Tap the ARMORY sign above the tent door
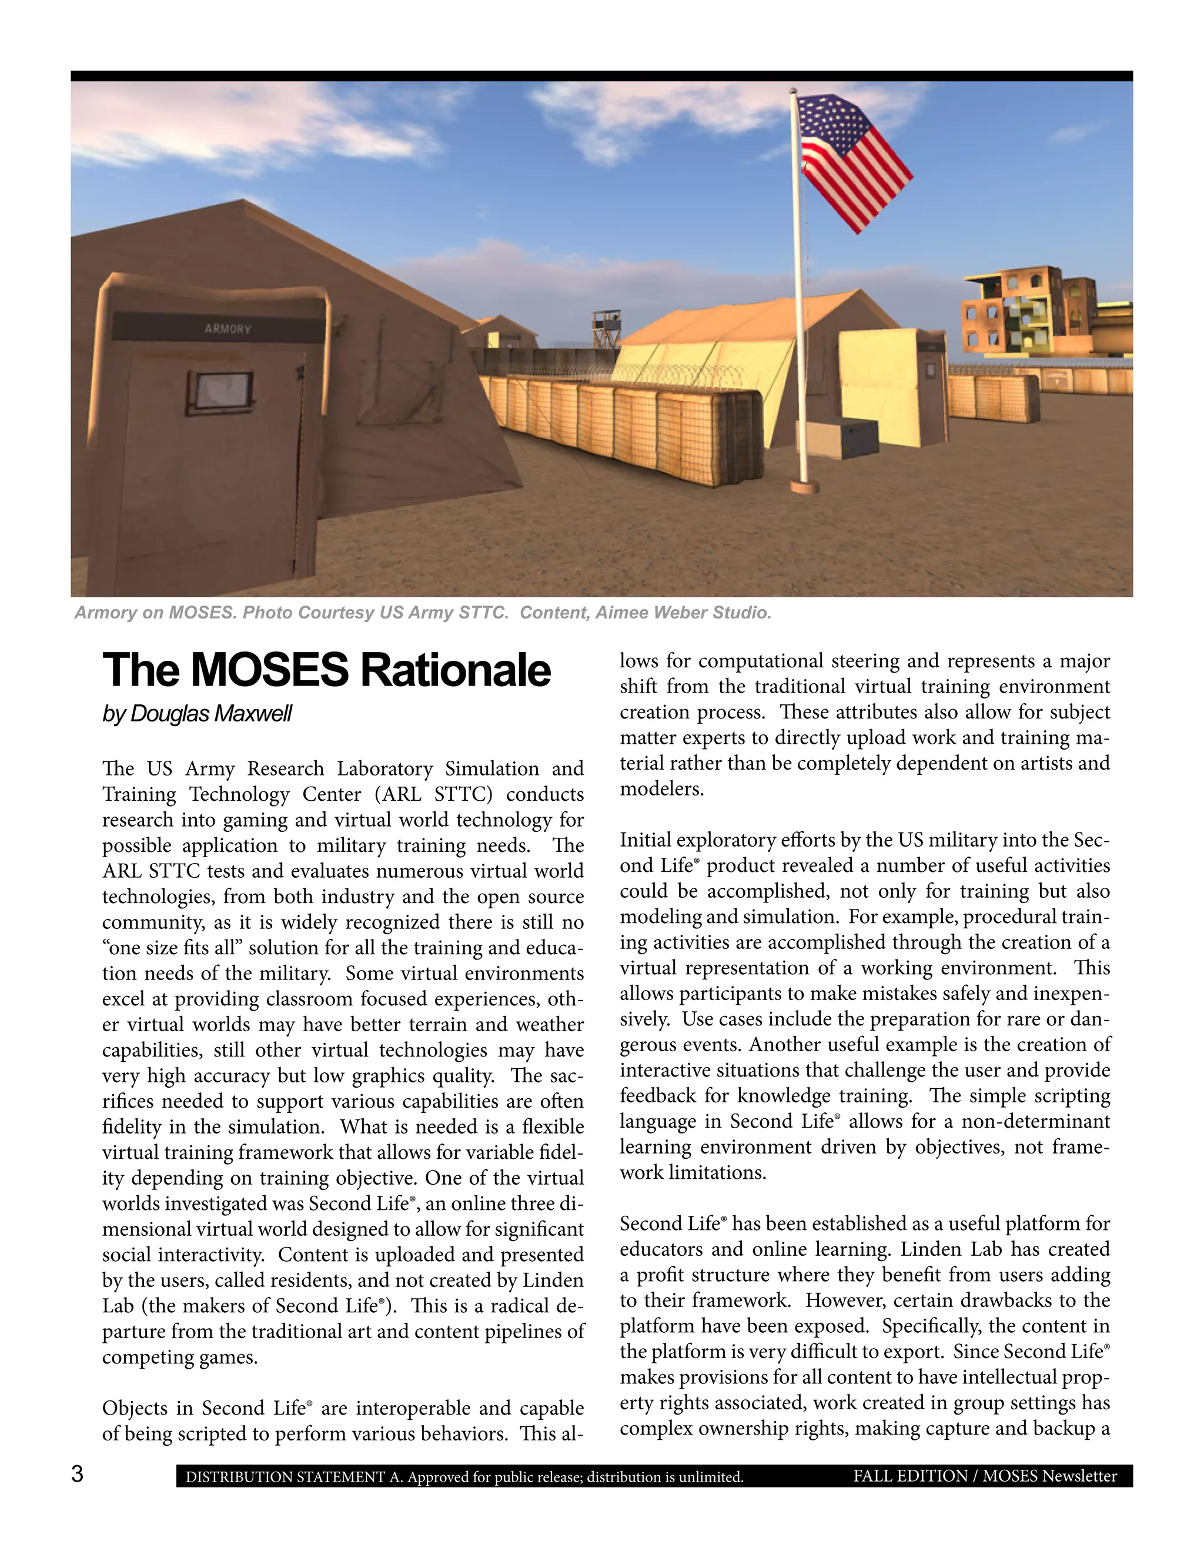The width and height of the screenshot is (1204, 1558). click(x=228, y=329)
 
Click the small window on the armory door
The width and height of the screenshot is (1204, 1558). click(x=221, y=392)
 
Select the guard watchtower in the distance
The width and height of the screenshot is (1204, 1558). click(x=607, y=328)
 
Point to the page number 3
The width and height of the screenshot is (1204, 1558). click(x=77, y=1474)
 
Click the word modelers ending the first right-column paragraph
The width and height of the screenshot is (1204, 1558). click(x=661, y=789)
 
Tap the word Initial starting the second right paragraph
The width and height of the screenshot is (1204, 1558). click(x=645, y=840)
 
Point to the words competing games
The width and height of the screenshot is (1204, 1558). click(x=180, y=1357)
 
